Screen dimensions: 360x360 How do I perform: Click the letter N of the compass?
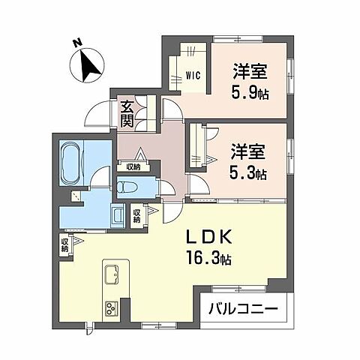[x=76, y=44]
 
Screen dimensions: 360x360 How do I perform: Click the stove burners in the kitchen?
[x=112, y=308]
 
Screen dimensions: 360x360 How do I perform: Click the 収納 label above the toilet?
[x=133, y=167]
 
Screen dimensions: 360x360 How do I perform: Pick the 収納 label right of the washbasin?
[x=137, y=217]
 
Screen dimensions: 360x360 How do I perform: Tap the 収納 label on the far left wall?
[x=65, y=244]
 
